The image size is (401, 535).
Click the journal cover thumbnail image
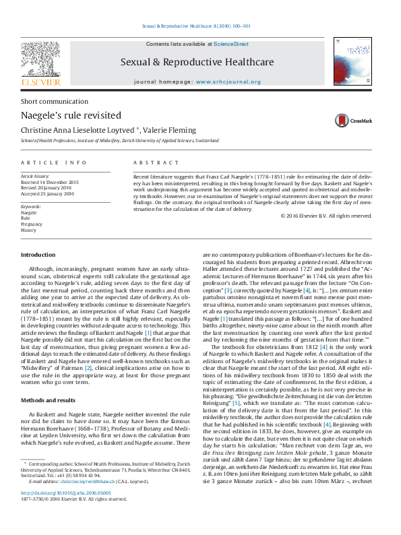click(x=352, y=61)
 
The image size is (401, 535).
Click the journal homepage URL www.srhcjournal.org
click(x=228, y=82)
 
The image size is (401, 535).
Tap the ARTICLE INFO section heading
click(x=54, y=163)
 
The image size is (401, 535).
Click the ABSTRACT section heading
click(x=156, y=163)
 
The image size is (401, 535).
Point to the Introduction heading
click(x=38, y=255)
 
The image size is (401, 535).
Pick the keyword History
click(x=29, y=230)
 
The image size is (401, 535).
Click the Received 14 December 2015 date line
click(x=50, y=183)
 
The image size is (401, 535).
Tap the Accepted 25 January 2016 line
click(x=49, y=193)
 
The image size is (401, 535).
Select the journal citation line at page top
click(x=195, y=26)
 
